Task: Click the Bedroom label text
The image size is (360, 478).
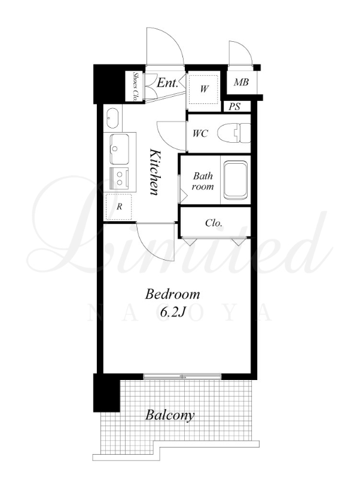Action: [x=172, y=295]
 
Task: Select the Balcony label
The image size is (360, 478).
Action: [x=170, y=415]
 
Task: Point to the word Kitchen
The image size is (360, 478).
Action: [x=155, y=172]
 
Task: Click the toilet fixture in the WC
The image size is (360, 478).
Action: [x=234, y=133]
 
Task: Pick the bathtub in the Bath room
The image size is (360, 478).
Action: [x=236, y=180]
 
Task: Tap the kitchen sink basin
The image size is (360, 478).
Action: [x=120, y=149]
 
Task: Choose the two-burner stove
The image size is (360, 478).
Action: [x=120, y=178]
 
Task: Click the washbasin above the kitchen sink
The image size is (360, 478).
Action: [x=112, y=118]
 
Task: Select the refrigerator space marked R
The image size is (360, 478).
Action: [x=119, y=207]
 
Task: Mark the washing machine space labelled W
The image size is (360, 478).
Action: [x=204, y=88]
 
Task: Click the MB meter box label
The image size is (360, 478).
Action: [x=241, y=82]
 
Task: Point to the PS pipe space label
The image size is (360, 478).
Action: [x=234, y=106]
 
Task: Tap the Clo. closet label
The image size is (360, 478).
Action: [x=214, y=223]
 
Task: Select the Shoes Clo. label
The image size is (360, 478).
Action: [x=135, y=87]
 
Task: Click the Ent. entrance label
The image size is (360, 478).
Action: [x=167, y=82]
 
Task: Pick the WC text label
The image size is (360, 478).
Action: [x=200, y=133]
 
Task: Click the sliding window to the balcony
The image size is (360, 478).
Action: [x=182, y=376]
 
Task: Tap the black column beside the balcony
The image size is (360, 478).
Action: [x=106, y=393]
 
